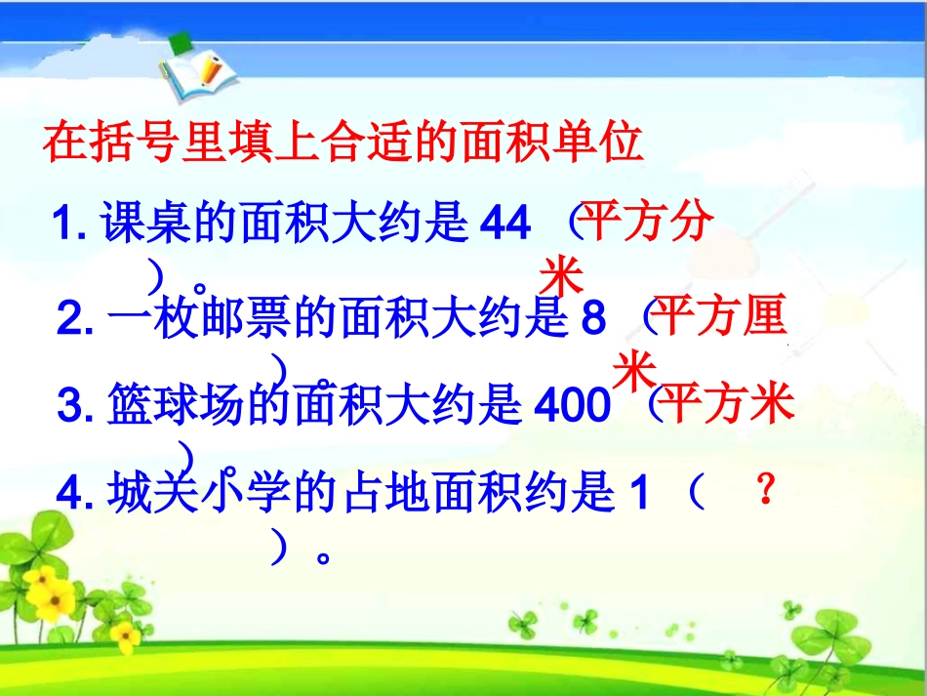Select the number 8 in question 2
[x=593, y=318]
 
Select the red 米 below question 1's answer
[x=561, y=275]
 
